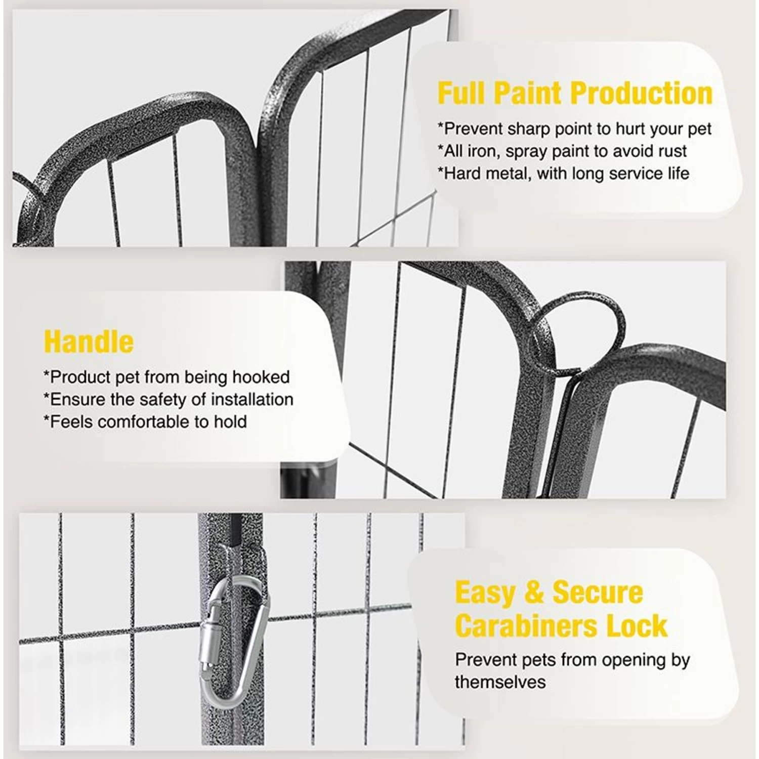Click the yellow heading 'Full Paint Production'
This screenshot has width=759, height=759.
(x=575, y=93)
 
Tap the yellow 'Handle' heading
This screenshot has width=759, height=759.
(x=89, y=342)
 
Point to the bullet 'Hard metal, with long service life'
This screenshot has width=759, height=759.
(x=563, y=174)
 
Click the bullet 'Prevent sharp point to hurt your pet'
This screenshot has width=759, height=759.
(x=574, y=129)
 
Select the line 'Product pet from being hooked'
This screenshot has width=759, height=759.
(x=166, y=377)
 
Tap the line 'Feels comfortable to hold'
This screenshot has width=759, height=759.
(x=145, y=421)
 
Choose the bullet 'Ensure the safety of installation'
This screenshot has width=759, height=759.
(x=168, y=399)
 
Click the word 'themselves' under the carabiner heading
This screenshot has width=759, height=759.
(x=500, y=682)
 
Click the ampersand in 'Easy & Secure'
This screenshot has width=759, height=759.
(x=534, y=593)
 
